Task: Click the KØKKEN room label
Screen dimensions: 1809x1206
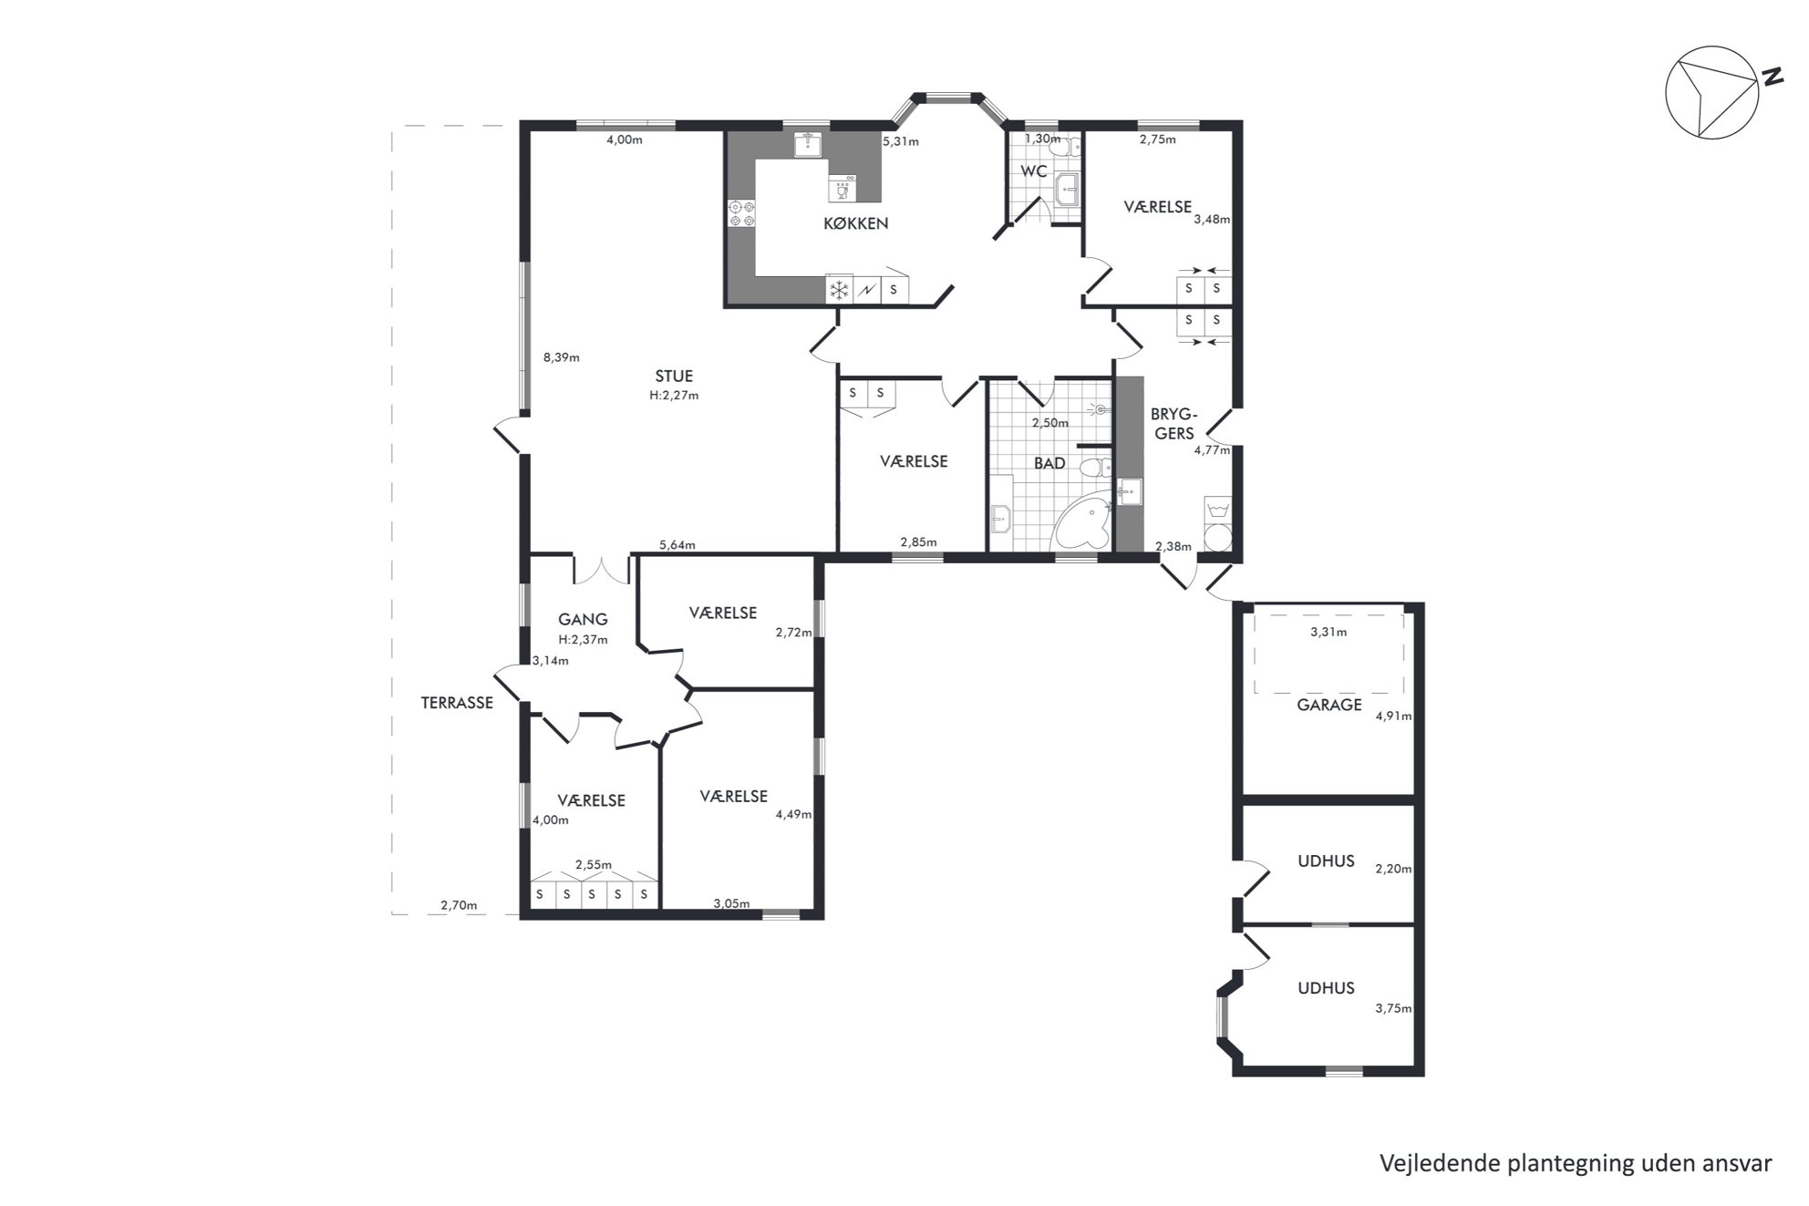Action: pyautogui.click(x=855, y=223)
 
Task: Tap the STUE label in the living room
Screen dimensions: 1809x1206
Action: pyautogui.click(x=674, y=376)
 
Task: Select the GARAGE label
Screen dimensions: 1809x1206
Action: pyautogui.click(x=1328, y=705)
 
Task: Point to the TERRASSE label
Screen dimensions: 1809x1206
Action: pyautogui.click(x=457, y=703)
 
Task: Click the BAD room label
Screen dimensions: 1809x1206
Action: pyautogui.click(x=1049, y=463)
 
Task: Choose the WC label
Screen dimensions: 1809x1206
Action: pyautogui.click(x=1034, y=171)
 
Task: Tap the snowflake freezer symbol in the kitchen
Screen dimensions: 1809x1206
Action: pyautogui.click(x=838, y=290)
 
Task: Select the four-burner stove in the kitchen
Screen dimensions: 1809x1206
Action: pyautogui.click(x=740, y=213)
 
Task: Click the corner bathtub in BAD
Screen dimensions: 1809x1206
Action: pyautogui.click(x=1082, y=523)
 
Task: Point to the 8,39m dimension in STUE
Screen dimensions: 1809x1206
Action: pyautogui.click(x=562, y=357)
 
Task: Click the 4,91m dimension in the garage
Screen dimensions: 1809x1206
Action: pyautogui.click(x=1393, y=716)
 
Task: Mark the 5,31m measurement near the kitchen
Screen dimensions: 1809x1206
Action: pyautogui.click(x=900, y=141)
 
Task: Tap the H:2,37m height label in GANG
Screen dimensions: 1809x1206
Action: pyautogui.click(x=583, y=639)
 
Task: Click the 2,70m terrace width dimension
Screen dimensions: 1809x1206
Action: pyautogui.click(x=459, y=905)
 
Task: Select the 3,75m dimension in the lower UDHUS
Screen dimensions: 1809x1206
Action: pyautogui.click(x=1393, y=1008)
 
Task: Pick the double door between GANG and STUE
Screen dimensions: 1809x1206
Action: pyautogui.click(x=603, y=569)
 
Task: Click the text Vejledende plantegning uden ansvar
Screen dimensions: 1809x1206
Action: pyautogui.click(x=1576, y=1163)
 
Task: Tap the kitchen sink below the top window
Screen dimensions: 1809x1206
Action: pyautogui.click(x=808, y=144)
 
